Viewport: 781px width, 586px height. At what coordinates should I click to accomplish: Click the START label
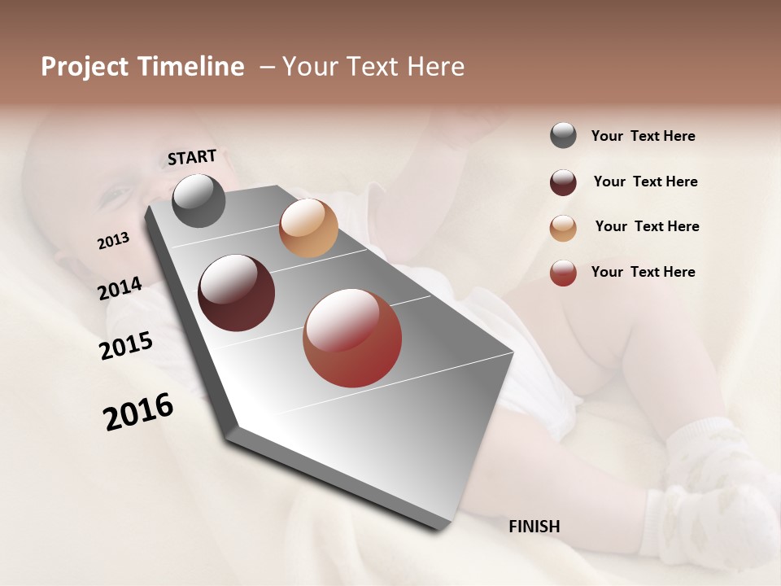point(192,157)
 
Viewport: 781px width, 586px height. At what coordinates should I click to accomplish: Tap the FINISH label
point(534,527)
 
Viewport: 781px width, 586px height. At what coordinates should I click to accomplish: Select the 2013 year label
point(114,240)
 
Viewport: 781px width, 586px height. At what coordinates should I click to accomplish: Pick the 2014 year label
point(120,288)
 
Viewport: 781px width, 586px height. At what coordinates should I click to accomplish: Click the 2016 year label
point(138,411)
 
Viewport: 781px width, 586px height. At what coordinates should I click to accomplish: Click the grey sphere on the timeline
point(199,200)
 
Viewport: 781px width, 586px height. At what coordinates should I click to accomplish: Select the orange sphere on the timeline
point(308,228)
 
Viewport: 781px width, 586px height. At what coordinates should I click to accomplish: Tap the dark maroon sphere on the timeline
point(236,293)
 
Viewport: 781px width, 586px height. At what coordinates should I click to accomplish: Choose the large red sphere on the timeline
point(352,338)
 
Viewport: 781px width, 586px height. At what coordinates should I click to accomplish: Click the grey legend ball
point(563,136)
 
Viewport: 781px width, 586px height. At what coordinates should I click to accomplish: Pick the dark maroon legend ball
point(563,182)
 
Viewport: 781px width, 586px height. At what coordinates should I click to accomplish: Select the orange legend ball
point(563,227)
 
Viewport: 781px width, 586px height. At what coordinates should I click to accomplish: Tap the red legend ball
point(563,273)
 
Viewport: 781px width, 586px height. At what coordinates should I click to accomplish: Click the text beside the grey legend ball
point(643,136)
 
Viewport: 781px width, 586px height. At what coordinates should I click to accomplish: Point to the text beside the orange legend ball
point(647,226)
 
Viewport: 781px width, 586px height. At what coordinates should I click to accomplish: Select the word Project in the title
point(85,67)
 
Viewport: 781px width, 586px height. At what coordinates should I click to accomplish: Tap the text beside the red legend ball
point(643,272)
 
